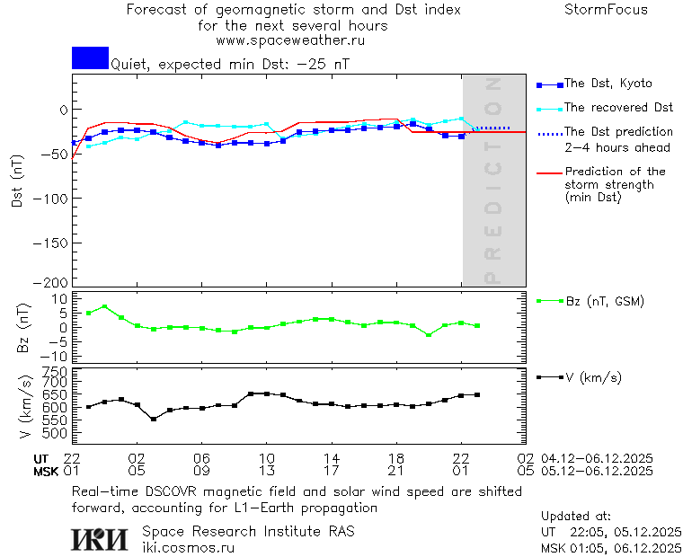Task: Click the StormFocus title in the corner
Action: [606, 10]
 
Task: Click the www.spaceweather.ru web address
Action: [290, 40]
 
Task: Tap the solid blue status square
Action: [90, 57]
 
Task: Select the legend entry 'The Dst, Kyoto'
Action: [608, 84]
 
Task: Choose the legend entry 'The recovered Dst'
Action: [618, 108]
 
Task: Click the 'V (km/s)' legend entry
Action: [592, 377]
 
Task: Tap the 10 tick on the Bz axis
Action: [59, 297]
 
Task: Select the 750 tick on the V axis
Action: [56, 371]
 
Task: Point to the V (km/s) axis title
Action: [25, 409]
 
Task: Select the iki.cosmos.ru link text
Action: [188, 546]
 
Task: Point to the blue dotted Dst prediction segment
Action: [492, 128]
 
